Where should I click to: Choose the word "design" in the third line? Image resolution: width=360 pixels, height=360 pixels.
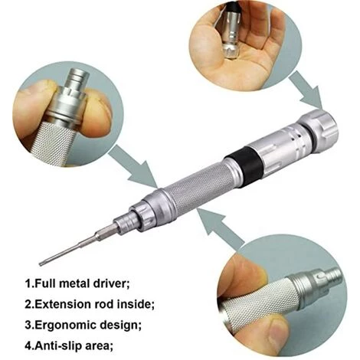click(x=119, y=326)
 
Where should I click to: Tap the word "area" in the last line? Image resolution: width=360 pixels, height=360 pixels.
click(x=99, y=346)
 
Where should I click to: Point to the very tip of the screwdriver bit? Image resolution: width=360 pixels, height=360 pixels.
click(x=40, y=263)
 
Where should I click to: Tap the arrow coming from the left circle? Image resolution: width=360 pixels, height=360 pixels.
click(x=135, y=167)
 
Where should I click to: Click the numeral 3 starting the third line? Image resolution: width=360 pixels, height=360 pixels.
click(x=28, y=325)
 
